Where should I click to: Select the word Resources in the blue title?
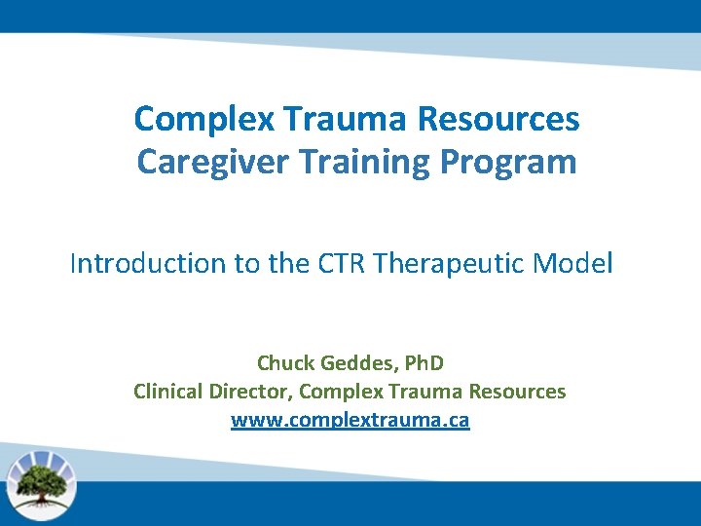[x=498, y=120]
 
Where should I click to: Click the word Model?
[x=579, y=263]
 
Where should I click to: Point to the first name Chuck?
[x=284, y=363]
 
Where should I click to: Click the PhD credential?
[x=424, y=363]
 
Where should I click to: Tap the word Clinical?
[x=168, y=392]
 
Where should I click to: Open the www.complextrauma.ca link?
[x=350, y=421]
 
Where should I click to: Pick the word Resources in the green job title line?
[x=517, y=392]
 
